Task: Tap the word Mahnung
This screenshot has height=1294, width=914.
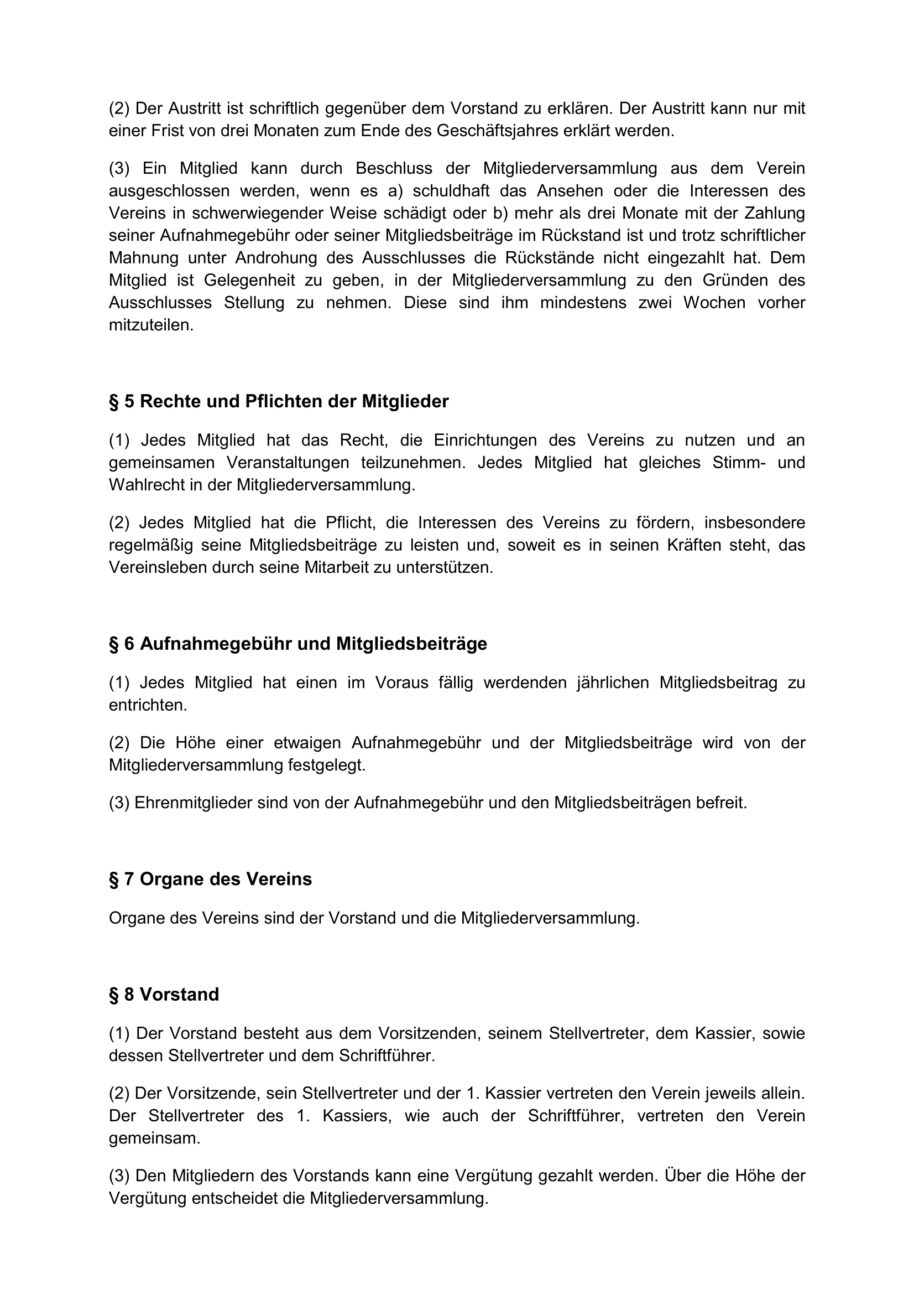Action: point(144,257)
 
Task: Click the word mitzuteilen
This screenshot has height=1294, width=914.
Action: point(151,325)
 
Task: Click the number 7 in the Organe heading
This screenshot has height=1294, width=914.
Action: point(129,879)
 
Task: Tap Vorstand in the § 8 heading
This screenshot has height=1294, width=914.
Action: point(179,995)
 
